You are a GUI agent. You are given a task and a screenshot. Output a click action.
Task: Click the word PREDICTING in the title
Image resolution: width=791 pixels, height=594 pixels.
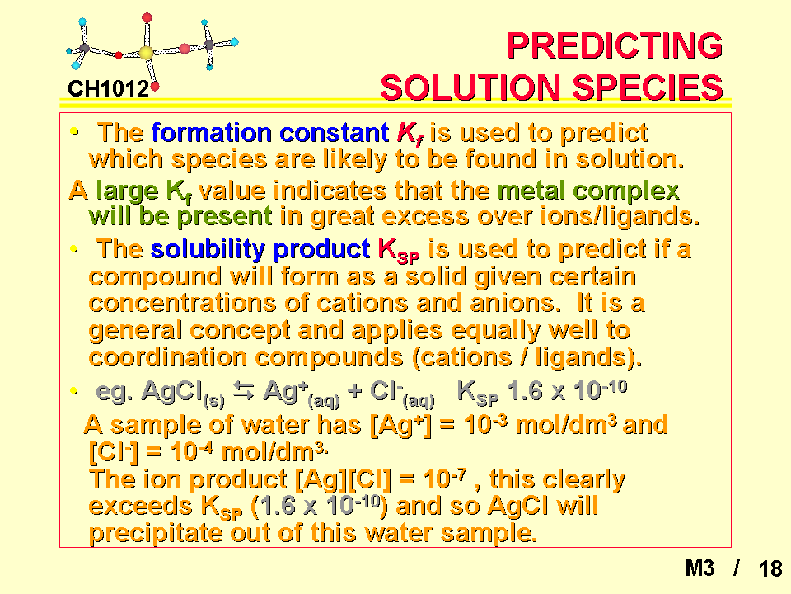(x=615, y=45)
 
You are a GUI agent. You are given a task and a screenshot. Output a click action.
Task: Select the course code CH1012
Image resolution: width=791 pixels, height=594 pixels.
(x=108, y=89)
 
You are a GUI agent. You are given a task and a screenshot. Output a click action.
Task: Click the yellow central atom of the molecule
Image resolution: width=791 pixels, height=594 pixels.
(x=146, y=53)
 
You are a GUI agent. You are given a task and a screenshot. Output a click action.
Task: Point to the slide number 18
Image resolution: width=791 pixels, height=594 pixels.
(x=770, y=568)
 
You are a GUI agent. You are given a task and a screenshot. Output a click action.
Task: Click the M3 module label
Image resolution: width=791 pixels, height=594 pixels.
(x=700, y=568)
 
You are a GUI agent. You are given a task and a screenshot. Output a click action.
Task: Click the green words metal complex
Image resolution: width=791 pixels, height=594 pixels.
(x=588, y=191)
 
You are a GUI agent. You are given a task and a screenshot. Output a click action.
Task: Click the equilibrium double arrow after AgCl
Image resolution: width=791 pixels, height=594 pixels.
(x=244, y=390)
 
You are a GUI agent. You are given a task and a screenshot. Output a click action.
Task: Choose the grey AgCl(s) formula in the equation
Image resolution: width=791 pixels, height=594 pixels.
(x=183, y=393)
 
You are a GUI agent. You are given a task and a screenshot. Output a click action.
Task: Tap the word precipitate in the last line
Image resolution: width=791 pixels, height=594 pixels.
(x=155, y=533)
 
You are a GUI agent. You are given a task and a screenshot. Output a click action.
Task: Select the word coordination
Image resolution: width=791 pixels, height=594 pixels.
(x=167, y=357)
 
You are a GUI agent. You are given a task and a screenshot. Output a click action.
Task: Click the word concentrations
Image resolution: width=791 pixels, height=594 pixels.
(x=182, y=303)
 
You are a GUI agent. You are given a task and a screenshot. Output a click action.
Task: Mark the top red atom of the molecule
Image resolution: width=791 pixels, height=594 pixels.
(x=147, y=17)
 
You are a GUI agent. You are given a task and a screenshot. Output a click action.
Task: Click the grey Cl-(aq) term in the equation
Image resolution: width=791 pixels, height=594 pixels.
(x=402, y=393)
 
